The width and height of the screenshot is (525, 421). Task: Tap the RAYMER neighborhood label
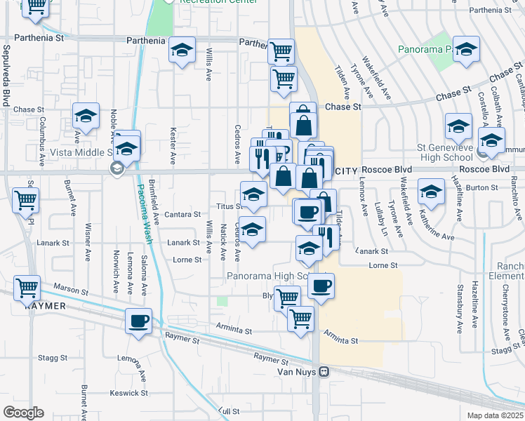(44, 307)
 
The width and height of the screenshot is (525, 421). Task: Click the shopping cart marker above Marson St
(27, 287)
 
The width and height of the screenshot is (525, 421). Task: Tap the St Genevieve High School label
(447, 152)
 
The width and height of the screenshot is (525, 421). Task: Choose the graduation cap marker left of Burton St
(431, 192)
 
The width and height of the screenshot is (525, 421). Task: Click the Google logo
(23, 412)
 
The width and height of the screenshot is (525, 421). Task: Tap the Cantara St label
(182, 215)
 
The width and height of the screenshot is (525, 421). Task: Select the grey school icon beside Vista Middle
(117, 168)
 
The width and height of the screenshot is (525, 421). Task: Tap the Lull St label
(225, 409)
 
